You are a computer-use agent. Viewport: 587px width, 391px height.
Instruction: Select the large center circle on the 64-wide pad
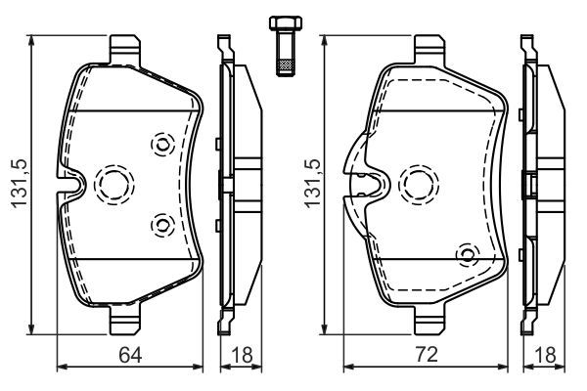(112, 183)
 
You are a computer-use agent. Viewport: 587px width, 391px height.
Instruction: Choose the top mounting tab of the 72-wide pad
(430, 46)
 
